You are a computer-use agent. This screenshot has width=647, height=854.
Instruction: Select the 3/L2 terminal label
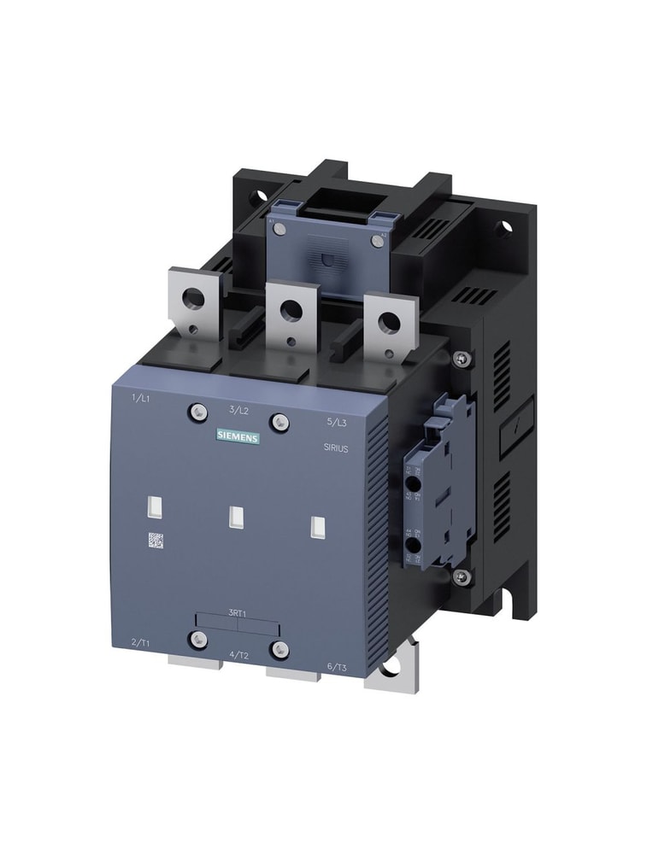[239, 410]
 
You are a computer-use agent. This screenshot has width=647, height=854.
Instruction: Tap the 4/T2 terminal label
[239, 655]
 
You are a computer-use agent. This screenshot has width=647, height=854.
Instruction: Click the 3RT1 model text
[238, 612]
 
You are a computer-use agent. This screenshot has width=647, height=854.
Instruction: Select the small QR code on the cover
[156, 540]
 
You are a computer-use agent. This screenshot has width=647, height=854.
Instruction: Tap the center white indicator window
[238, 517]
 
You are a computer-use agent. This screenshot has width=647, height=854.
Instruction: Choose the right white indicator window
[317, 528]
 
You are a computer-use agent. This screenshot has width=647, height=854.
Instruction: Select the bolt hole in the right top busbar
[389, 322]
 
